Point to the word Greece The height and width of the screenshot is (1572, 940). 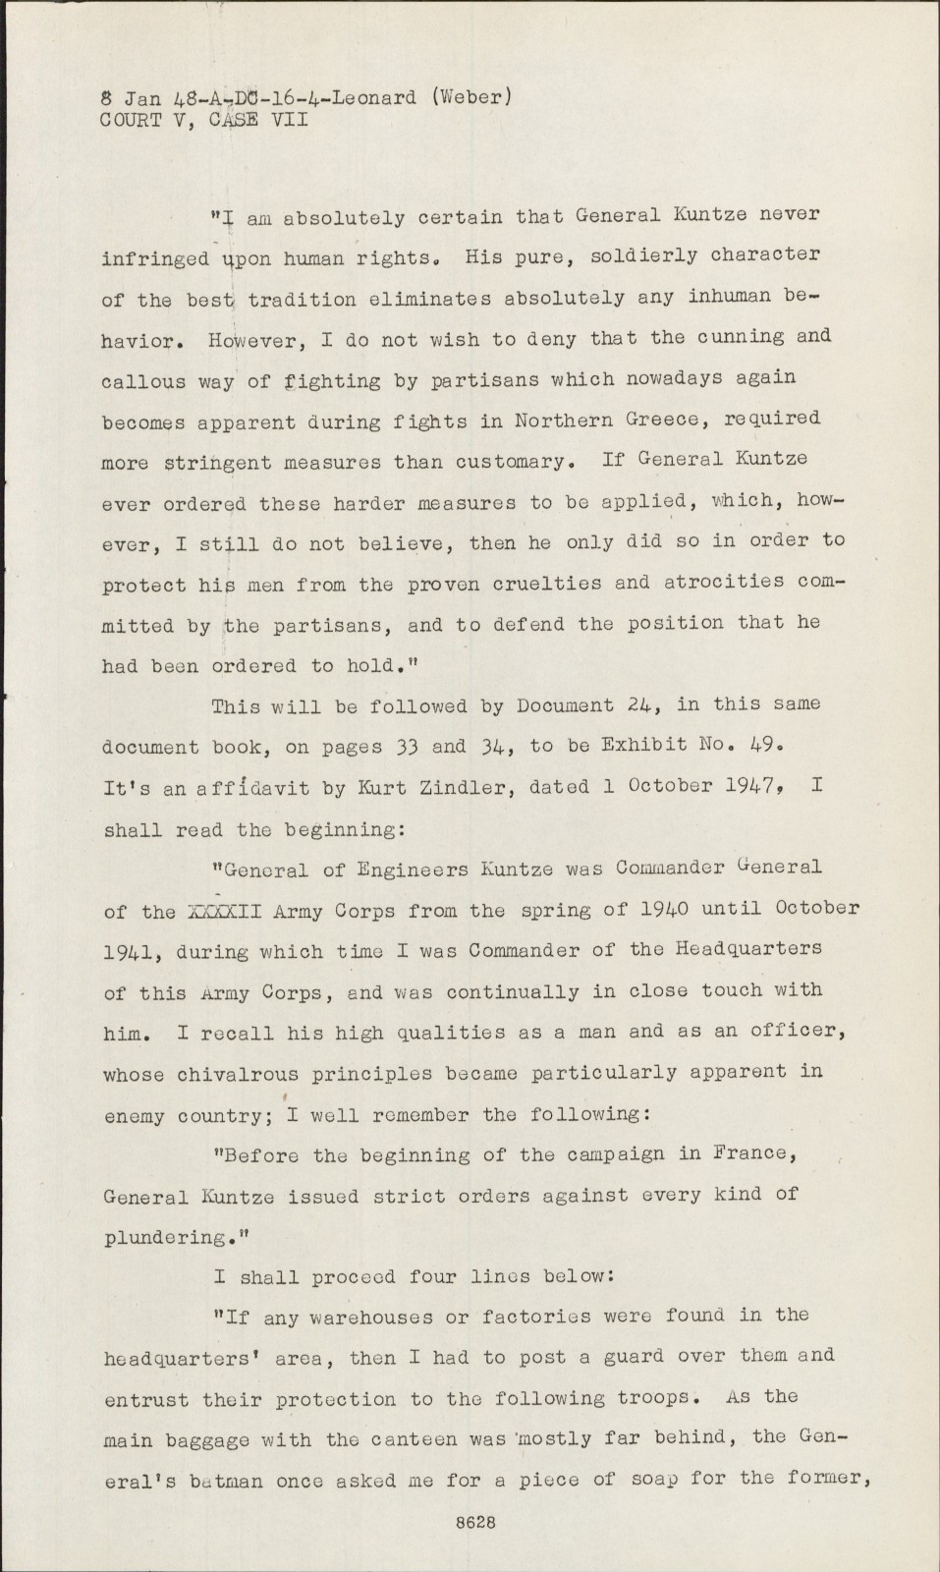[x=657, y=420]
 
